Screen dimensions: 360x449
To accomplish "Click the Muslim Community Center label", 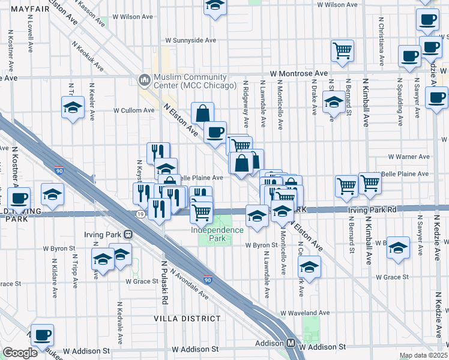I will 186,81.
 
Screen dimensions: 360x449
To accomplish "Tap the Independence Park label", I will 209,234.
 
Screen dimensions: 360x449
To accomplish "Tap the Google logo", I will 20,353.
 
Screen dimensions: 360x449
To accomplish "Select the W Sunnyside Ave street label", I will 186,40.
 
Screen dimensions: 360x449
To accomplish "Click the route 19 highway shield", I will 140,214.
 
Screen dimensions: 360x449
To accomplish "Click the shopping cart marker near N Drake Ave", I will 342,50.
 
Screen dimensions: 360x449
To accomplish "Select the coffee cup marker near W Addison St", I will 42,335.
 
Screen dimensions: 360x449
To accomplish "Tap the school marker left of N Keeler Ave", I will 73,108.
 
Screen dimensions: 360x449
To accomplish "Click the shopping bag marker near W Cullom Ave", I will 203,113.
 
